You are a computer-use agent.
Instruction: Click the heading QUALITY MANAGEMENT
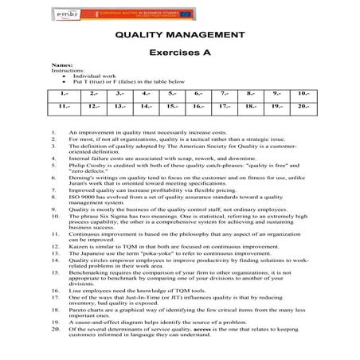click(179, 35)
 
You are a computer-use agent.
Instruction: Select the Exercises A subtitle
click(179, 51)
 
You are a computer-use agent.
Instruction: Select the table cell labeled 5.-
click(170, 95)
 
